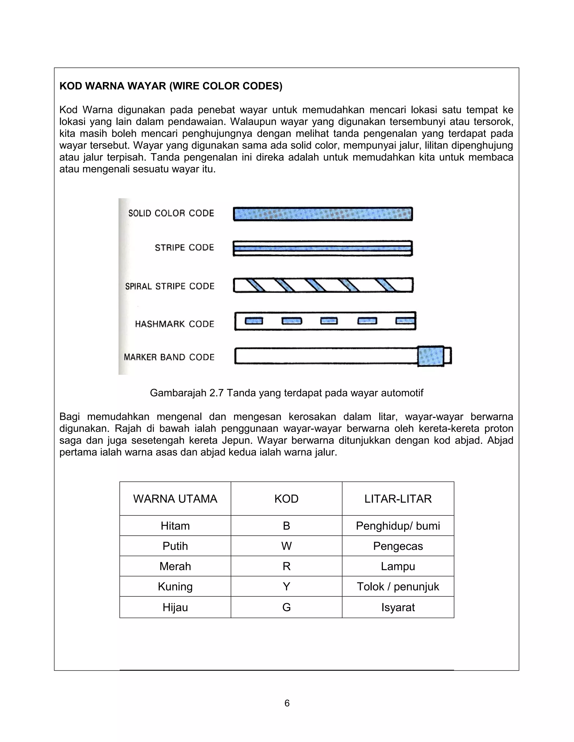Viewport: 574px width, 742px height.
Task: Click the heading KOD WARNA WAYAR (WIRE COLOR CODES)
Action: click(171, 86)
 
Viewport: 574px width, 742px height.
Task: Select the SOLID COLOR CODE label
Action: click(171, 213)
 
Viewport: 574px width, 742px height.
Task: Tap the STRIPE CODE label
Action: click(184, 248)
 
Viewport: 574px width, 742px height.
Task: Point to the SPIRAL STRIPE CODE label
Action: click(170, 286)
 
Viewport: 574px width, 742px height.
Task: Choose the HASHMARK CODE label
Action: click(174, 324)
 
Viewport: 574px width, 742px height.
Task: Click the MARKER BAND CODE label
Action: click(169, 357)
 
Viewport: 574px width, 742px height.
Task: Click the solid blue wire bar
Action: click(323, 214)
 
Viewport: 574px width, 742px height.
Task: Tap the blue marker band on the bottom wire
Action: click(430, 356)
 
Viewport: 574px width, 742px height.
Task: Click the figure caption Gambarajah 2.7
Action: click(286, 393)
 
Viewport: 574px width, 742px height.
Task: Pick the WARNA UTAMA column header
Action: click(175, 499)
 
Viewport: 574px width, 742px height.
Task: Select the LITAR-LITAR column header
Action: click(398, 499)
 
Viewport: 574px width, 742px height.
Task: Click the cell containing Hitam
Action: click(175, 526)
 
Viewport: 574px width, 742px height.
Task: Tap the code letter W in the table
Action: click(286, 546)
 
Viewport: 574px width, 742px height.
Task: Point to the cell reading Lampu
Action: click(398, 566)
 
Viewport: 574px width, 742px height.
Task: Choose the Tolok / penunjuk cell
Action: click(398, 586)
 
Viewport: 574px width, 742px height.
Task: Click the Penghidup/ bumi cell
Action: click(398, 526)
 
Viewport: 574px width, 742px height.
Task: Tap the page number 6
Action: click(287, 703)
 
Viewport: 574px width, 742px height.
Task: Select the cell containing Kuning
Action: click(175, 586)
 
